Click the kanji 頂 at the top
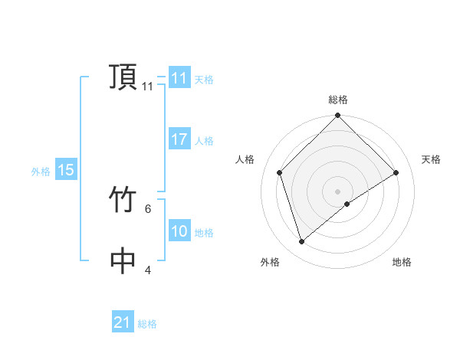tap(123, 78)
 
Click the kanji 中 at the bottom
tap(123, 261)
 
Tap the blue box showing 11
tap(179, 78)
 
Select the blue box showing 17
tap(179, 139)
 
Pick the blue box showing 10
tap(179, 231)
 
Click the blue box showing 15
tap(66, 171)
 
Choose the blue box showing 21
tap(123, 322)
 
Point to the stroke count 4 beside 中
tap(148, 270)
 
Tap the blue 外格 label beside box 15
tap(41, 172)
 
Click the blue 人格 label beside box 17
tap(204, 141)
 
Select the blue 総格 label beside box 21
tap(147, 324)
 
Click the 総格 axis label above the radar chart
tap(338, 100)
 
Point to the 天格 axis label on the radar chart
tap(432, 159)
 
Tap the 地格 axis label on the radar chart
tap(402, 262)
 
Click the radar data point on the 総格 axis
tap(338, 116)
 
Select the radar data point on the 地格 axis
tap(347, 204)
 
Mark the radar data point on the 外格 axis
tap(301, 241)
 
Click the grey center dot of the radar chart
tap(338, 191)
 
